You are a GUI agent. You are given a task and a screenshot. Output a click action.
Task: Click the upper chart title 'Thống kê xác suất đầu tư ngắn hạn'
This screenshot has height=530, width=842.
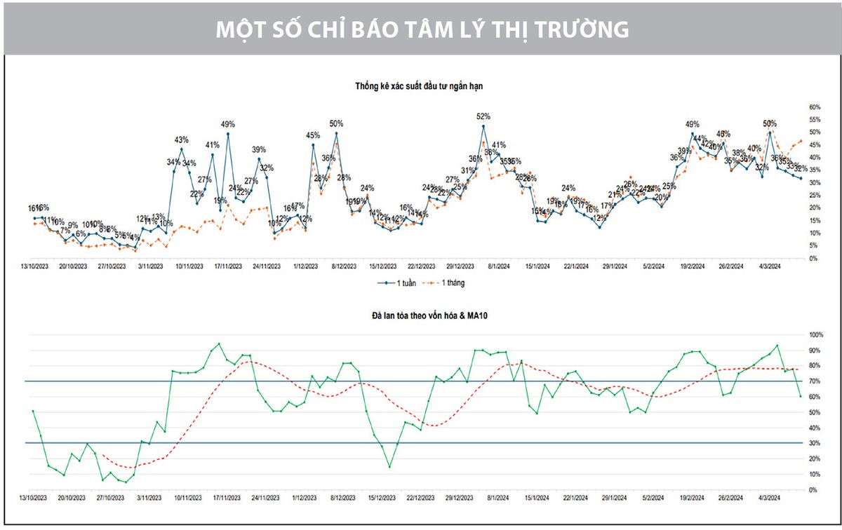[420, 85]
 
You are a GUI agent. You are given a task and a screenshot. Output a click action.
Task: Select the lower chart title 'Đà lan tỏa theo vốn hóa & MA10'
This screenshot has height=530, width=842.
[419, 316]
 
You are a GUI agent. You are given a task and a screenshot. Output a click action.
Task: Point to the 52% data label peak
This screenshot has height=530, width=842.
[483, 116]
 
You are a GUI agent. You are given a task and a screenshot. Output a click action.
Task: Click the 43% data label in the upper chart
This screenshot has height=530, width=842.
[181, 140]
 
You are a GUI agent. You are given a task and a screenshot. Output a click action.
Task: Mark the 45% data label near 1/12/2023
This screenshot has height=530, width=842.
[313, 135]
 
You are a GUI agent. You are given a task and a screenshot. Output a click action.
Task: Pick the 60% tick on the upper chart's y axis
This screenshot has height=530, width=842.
[815, 107]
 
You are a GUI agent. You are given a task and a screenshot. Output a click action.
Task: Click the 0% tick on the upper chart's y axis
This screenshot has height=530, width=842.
[813, 258]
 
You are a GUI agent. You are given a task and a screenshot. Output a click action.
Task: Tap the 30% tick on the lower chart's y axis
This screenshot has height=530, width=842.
[814, 443]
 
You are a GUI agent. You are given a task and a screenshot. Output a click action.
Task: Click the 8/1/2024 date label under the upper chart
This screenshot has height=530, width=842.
[499, 266]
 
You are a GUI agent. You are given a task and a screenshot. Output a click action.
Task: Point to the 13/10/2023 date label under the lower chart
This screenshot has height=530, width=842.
[34, 498]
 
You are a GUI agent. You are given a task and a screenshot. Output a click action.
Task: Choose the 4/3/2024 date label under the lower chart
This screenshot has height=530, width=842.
[770, 498]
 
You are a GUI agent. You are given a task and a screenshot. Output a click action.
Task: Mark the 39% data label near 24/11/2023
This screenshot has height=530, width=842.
[259, 149]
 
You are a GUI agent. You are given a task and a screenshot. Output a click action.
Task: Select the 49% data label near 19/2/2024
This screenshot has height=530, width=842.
[693, 124]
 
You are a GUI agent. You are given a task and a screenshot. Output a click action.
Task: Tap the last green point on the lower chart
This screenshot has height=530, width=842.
[800, 396]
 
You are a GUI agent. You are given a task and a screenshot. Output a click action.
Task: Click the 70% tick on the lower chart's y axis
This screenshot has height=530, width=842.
[814, 381]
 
